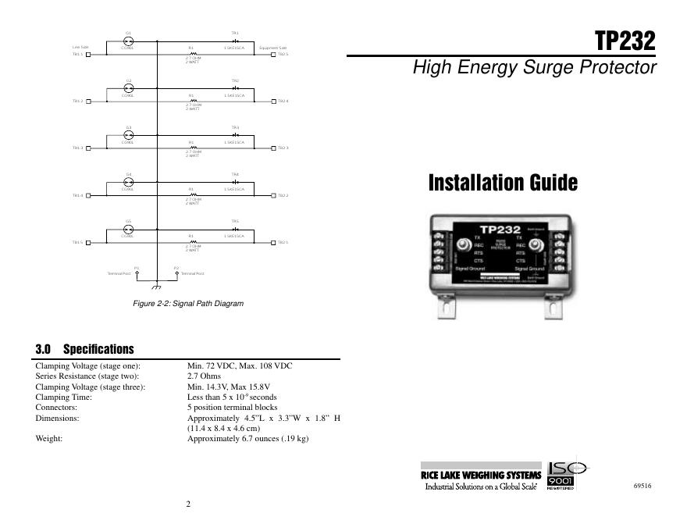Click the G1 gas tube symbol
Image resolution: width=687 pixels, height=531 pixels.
[129, 41]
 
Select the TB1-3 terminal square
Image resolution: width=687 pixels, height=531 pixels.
[87, 148]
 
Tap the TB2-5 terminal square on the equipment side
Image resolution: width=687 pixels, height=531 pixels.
[274, 55]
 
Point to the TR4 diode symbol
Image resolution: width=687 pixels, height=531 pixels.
[235, 180]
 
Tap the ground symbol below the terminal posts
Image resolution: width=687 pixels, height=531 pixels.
[156, 288]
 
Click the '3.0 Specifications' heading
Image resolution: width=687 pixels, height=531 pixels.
[85, 349]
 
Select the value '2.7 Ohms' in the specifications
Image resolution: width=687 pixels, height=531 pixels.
[204, 376]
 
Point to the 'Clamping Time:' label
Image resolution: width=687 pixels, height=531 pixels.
[64, 397]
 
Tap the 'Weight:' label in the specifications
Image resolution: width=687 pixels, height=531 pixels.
[49, 439]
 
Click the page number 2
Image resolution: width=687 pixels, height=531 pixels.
[188, 504]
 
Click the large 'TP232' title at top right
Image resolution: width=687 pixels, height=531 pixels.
[625, 40]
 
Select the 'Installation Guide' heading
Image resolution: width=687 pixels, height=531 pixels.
[503, 183]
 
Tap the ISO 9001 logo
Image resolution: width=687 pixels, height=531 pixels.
[568, 476]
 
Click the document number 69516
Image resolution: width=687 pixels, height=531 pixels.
[643, 486]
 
